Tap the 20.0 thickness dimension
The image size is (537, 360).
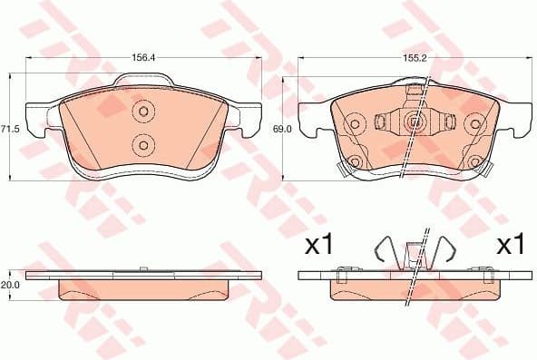(x=9, y=284)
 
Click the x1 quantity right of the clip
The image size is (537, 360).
(x=512, y=245)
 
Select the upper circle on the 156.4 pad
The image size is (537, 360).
(x=142, y=112)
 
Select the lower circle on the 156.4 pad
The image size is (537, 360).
(x=142, y=144)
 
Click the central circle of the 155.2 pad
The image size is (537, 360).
(x=414, y=121)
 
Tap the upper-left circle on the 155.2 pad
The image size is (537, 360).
(x=356, y=121)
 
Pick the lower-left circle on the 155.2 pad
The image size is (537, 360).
(x=356, y=163)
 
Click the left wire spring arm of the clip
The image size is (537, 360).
(x=385, y=253)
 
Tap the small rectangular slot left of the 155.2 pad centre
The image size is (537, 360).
(x=383, y=121)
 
